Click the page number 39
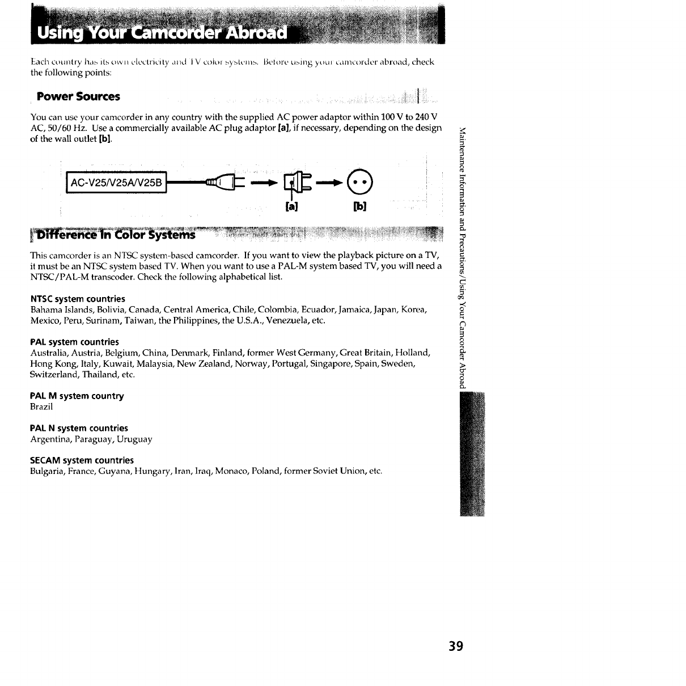[x=456, y=646]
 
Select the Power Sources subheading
[x=78, y=96]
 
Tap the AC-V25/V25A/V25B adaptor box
[x=116, y=183]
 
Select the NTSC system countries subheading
[x=78, y=299]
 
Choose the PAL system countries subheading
[x=74, y=342]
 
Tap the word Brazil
[x=41, y=406]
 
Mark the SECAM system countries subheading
[x=82, y=460]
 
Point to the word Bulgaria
[x=47, y=471]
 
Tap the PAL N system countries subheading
[x=79, y=428]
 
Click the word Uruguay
[x=134, y=439]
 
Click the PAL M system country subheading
[x=77, y=396]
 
